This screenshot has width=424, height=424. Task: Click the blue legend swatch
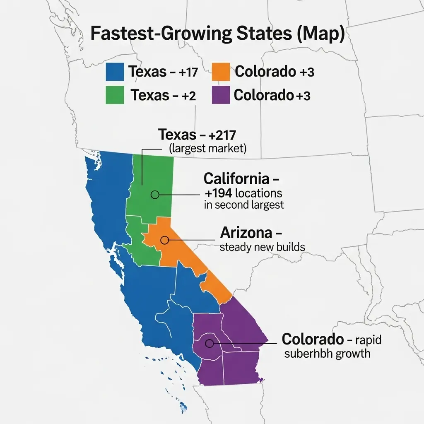click(x=115, y=72)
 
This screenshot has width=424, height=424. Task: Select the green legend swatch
click(x=115, y=95)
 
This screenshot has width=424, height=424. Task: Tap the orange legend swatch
click(x=220, y=72)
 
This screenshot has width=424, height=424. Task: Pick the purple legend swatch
click(x=220, y=95)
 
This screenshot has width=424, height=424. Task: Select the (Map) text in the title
click(x=319, y=34)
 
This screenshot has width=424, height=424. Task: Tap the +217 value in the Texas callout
click(x=220, y=135)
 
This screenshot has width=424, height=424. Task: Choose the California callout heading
click(x=241, y=179)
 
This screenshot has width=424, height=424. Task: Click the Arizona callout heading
click(x=246, y=233)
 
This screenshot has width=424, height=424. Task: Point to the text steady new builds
click(x=262, y=247)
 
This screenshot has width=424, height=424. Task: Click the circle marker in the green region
click(x=155, y=194)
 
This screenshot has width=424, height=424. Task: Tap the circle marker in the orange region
click(x=165, y=240)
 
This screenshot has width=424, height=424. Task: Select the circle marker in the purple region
click(x=209, y=343)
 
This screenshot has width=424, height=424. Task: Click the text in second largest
click(x=244, y=205)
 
